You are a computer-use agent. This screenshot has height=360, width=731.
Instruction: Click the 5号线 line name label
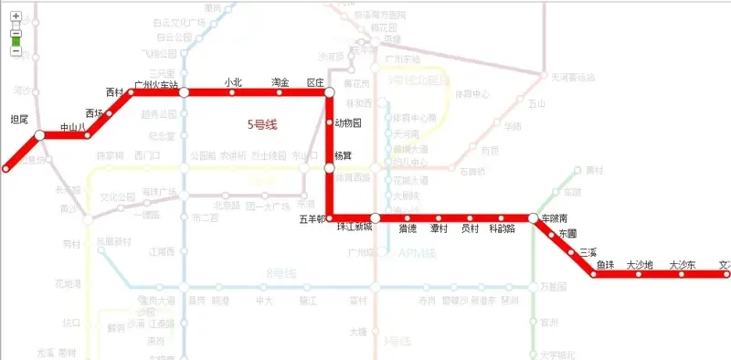[x=263, y=124]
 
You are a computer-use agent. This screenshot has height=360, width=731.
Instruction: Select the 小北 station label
[x=233, y=83]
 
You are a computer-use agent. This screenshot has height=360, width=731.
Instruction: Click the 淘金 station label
[x=281, y=83]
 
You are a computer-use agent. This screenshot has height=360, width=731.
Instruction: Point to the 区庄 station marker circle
[x=330, y=92]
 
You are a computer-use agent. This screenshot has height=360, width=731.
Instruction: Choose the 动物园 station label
[x=348, y=122]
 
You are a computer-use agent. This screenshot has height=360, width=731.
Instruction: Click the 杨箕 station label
[x=343, y=155]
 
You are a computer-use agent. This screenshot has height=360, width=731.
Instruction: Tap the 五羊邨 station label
[x=313, y=219]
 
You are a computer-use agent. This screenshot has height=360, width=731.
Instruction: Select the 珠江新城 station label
[x=355, y=227]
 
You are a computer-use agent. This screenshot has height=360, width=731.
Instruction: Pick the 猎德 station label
[x=408, y=228]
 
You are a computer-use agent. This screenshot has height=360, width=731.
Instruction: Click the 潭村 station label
[x=440, y=228]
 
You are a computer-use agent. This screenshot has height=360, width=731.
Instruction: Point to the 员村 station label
[x=470, y=228]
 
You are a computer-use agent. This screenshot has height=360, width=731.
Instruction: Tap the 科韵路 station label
[x=503, y=228]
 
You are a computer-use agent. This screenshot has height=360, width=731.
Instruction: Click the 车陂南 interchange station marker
[x=534, y=218]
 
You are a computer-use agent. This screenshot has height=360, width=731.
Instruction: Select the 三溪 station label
[x=588, y=251]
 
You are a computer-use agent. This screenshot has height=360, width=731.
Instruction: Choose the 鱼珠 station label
[x=605, y=265]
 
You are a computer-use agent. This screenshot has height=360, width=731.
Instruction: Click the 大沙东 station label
[x=683, y=265]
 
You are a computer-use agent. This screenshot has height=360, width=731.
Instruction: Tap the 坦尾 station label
[x=19, y=120]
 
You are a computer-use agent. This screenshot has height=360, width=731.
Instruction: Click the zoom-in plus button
[x=16, y=16]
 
